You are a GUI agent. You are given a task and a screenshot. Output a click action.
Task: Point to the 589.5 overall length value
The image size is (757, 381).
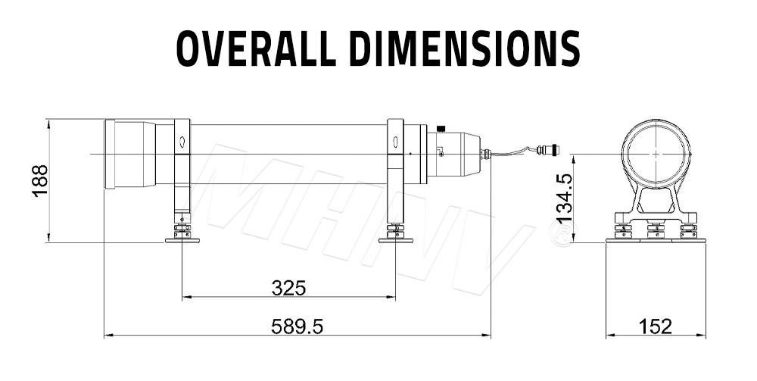pyautogui.click(x=297, y=326)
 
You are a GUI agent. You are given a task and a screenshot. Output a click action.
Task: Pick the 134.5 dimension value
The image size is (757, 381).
pyautogui.click(x=565, y=198)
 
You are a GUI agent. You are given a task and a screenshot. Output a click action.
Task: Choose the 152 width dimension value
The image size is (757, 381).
pyautogui.click(x=655, y=326)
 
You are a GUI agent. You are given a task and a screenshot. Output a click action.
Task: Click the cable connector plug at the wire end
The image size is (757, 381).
pyautogui.click(x=547, y=150)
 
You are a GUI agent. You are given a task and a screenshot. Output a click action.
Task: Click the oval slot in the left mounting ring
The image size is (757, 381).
pyautogui.click(x=182, y=142)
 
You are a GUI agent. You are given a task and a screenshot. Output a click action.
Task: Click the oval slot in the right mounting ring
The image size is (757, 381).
pyautogui.click(x=394, y=141)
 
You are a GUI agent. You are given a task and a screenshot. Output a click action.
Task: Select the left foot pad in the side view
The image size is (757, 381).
pyautogui.click(x=182, y=239)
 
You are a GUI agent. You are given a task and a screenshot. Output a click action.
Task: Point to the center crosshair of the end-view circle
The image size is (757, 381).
pyautogui.click(x=656, y=153)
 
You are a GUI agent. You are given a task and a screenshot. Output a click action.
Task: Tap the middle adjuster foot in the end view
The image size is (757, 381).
pyautogui.click(x=656, y=230)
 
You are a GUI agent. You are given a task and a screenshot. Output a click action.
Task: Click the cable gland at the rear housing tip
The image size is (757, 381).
pyautogui.click(x=486, y=155)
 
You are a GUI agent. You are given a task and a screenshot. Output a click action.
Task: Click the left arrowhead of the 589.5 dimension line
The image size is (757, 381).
pyautogui.click(x=106, y=334)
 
